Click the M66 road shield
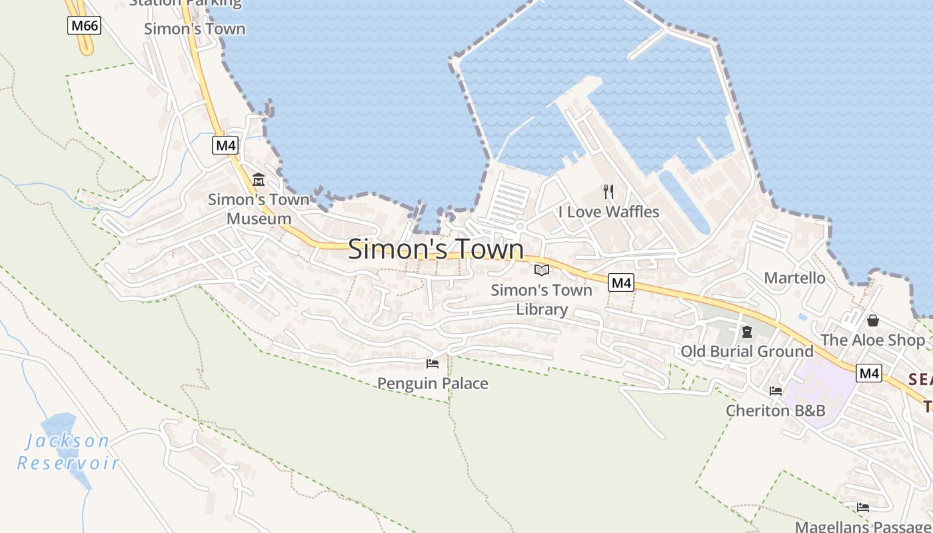(84, 26)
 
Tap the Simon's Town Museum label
(259, 209)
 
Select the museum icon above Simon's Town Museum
(259, 180)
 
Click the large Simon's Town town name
(436, 249)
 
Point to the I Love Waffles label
(608, 212)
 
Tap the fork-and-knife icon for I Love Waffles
(608, 192)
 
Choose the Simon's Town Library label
(542, 299)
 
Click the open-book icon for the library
(542, 270)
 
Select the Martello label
(794, 278)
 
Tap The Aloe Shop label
(872, 340)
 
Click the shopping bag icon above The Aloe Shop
(873, 320)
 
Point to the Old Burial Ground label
(747, 351)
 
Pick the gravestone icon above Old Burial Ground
(747, 332)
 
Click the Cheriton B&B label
(775, 410)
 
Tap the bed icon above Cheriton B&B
(776, 391)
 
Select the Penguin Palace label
(433, 383)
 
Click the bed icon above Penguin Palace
(433, 364)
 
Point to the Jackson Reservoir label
(67, 451)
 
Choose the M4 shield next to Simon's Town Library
(621, 282)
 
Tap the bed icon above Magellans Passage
(863, 508)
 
